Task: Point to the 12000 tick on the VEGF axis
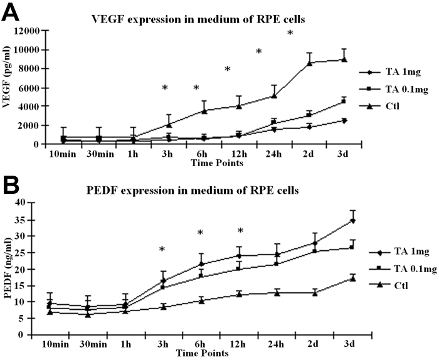(x=28, y=30)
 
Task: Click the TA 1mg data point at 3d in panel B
(x=353, y=220)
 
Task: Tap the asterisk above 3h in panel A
(x=165, y=88)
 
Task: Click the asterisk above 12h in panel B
(x=240, y=231)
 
